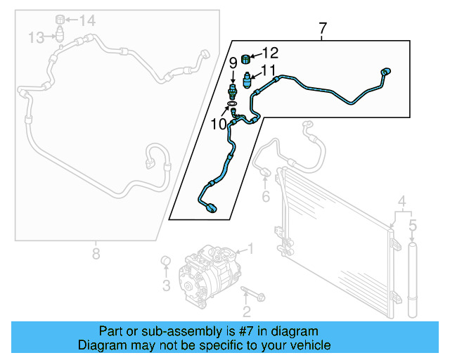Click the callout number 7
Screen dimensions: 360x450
pyautogui.click(x=323, y=30)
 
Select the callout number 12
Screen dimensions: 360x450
pyautogui.click(x=271, y=52)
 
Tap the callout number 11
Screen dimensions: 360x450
pyautogui.click(x=269, y=70)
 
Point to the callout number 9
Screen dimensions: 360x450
pyautogui.click(x=233, y=63)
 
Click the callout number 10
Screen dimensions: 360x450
pyautogui.click(x=219, y=124)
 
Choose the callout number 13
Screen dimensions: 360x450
pyautogui.click(x=37, y=36)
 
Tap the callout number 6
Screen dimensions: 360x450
pyautogui.click(x=265, y=197)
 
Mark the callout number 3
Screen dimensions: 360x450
pyautogui.click(x=166, y=285)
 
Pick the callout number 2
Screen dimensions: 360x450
pyautogui.click(x=245, y=311)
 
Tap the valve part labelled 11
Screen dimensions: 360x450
pyautogui.click(x=247, y=77)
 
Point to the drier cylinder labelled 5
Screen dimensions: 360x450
pyautogui.click(x=413, y=281)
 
